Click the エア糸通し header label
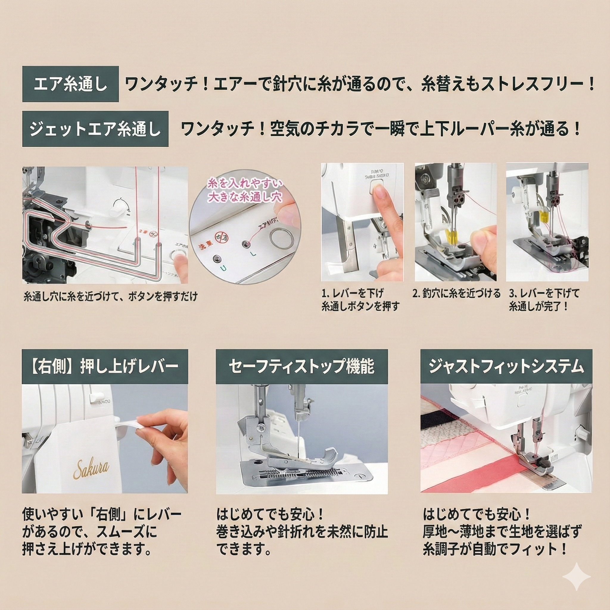[x=70, y=84]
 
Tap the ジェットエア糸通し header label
[x=95, y=129]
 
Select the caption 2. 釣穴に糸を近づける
[x=456, y=294]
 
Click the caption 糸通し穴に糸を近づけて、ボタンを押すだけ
[x=111, y=297]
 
